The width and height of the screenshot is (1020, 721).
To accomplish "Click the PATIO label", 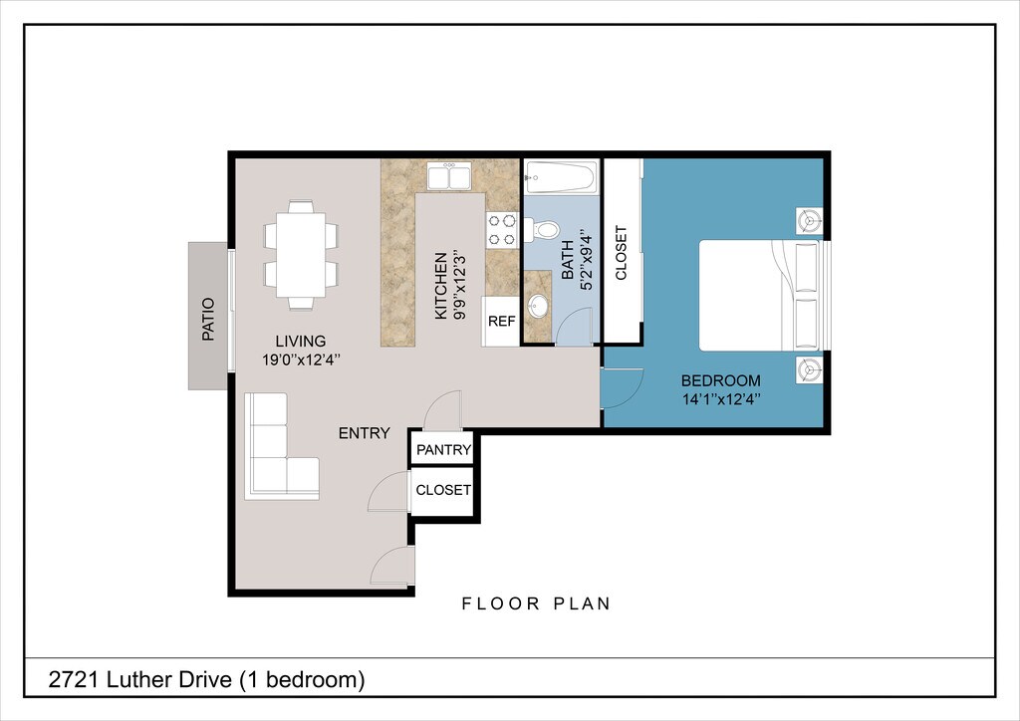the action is [x=208, y=320].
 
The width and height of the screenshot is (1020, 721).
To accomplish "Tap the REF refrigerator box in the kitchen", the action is [x=501, y=322].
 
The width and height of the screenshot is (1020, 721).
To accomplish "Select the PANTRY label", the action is [x=443, y=450].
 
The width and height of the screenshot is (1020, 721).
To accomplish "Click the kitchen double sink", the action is [x=449, y=177].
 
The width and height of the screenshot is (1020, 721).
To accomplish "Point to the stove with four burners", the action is [x=502, y=229].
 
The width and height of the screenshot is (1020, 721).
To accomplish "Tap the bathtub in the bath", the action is [x=562, y=177].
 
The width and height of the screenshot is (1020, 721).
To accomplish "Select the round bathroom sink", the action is [x=538, y=306].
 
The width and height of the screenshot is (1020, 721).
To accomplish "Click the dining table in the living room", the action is [x=301, y=254].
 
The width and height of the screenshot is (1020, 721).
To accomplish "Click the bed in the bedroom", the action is [x=760, y=296].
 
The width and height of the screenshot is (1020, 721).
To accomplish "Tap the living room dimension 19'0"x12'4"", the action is [x=301, y=360].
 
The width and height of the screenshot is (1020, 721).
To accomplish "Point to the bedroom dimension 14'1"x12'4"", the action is [x=721, y=399].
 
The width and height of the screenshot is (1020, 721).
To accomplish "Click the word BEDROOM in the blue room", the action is [x=721, y=380].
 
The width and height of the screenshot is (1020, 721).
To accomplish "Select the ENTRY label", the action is [x=365, y=433].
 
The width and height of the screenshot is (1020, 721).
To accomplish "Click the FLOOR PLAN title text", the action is [x=537, y=603].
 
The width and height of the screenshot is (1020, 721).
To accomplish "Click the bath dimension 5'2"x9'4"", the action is [x=588, y=259].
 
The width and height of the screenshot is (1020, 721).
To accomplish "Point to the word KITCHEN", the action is [x=441, y=286].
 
